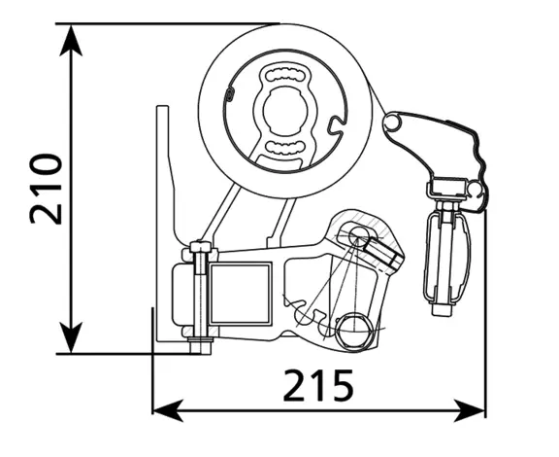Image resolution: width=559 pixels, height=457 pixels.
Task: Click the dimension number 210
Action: point(47,189)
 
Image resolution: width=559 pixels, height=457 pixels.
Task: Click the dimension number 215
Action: point(318,386)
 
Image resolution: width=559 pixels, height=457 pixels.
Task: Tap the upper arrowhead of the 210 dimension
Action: point(71,40)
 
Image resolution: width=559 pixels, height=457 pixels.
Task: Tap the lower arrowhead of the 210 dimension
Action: point(71,337)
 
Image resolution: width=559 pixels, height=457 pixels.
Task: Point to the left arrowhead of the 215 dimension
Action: point(168,411)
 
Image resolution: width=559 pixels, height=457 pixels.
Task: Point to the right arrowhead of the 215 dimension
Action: point(470,411)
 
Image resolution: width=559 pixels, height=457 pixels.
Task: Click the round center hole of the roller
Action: point(285,110)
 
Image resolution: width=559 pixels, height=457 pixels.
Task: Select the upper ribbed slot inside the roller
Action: point(285,76)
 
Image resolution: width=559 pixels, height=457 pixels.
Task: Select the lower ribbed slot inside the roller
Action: point(285,148)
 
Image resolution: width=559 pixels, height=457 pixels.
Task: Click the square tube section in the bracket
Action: point(240,294)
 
